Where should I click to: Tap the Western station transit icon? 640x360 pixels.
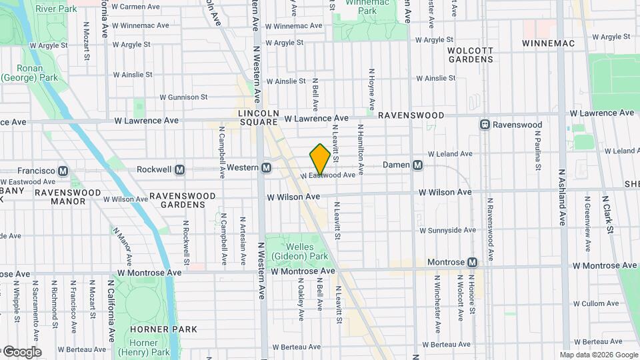(x=266, y=167)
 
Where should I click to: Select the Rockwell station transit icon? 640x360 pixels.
(x=179, y=170)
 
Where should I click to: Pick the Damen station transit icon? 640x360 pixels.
(x=418, y=165)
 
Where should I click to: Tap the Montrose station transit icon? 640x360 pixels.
(x=473, y=263)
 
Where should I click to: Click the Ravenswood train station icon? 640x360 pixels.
(x=486, y=125)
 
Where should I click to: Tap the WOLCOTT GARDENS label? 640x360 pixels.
(x=470, y=55)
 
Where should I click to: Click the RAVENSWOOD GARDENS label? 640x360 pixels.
(x=183, y=201)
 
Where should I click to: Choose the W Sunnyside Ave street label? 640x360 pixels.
(x=447, y=230)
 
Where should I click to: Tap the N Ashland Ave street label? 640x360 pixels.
(x=562, y=197)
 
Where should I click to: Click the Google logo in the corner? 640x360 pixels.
(x=21, y=351)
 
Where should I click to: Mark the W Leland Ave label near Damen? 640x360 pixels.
(x=455, y=153)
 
